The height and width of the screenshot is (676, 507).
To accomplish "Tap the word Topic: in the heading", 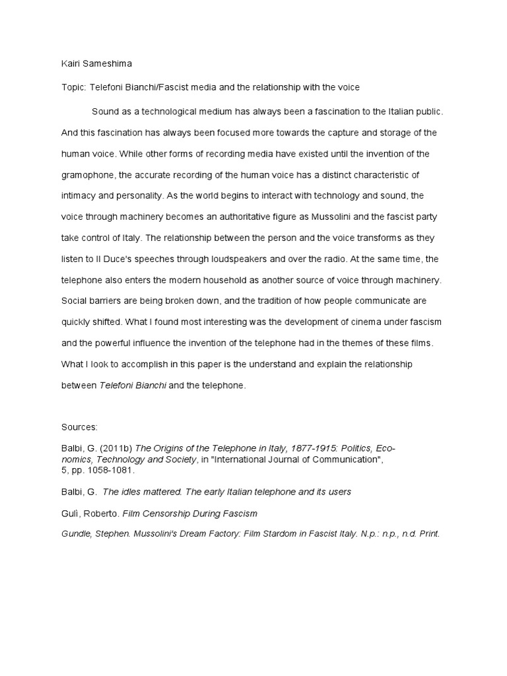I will point(75,87).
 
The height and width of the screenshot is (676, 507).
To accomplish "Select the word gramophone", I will point(88,175).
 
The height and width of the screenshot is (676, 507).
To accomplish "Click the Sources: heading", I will point(79,427).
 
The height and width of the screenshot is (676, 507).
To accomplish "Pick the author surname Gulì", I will point(70,513).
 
